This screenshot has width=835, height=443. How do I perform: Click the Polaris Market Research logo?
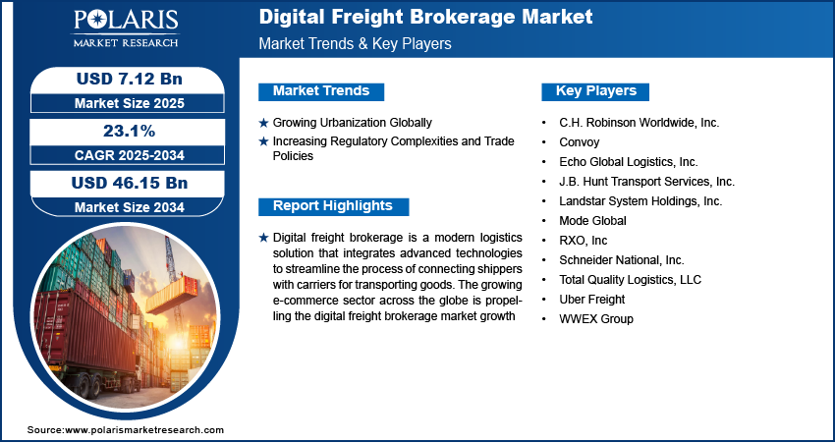click(126, 28)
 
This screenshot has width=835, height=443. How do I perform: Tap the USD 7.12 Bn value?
click(130, 79)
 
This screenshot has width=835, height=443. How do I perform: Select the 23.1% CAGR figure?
click(129, 131)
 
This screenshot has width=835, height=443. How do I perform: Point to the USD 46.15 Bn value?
click(130, 183)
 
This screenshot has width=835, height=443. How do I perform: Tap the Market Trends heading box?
click(321, 91)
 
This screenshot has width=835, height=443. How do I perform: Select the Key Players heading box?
click(595, 91)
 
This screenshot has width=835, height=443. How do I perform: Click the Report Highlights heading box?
click(333, 206)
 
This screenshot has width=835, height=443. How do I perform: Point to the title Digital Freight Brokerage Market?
click(425, 17)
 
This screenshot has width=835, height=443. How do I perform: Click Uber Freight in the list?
click(591, 300)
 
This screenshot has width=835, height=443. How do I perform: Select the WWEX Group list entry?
click(596, 319)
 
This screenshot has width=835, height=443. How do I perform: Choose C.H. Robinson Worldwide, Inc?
click(640, 123)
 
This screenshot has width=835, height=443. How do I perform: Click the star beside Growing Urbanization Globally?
click(263, 123)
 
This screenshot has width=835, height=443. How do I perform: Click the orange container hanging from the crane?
click(172, 294)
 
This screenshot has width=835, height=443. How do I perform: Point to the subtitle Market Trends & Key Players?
click(355, 43)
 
